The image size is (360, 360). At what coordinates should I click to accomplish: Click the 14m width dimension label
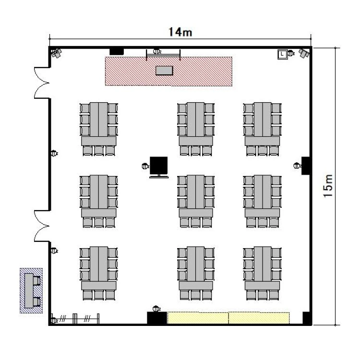tap(180, 32)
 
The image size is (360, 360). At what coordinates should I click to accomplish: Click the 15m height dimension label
tap(328, 185)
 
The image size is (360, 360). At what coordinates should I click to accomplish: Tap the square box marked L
tap(282, 54)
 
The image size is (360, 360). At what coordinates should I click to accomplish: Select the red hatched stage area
tap(169, 71)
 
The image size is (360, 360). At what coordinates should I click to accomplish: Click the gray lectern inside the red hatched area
tap(164, 70)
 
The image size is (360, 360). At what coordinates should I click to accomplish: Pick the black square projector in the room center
tap(159, 166)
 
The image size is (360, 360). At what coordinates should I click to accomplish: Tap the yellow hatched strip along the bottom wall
tap(228, 318)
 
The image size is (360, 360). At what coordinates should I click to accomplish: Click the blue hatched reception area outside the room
tap(31, 290)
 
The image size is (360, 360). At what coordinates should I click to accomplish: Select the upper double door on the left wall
tap(42, 83)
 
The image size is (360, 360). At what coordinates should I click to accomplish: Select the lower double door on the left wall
tap(42, 226)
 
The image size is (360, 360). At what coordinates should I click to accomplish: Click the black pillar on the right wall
tap(306, 166)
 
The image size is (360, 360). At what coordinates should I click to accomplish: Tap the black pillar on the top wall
tap(117, 51)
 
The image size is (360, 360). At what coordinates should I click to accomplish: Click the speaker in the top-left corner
tap(56, 53)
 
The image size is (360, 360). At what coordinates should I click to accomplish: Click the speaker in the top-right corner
tap(304, 53)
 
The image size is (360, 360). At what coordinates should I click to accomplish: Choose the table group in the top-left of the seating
tap(99, 129)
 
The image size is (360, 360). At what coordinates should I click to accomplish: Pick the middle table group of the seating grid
tap(196, 201)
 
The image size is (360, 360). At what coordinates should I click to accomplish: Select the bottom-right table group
tap(262, 274)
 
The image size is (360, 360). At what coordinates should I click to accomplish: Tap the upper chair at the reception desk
tap(36, 281)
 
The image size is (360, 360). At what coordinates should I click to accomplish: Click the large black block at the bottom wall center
tap(157, 318)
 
